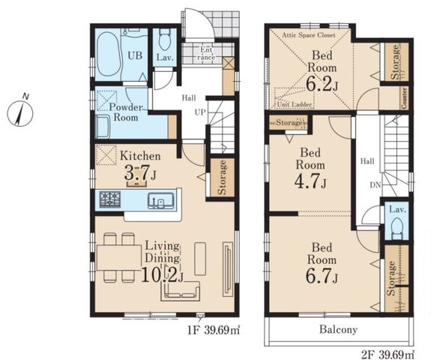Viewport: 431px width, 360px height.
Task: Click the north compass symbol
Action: click(x=20, y=112)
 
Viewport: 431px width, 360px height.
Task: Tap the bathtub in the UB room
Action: click(x=108, y=54)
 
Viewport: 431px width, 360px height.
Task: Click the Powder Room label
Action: click(x=126, y=112)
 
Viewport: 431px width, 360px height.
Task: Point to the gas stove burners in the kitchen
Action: click(x=110, y=199)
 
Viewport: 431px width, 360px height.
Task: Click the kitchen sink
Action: click(x=161, y=200)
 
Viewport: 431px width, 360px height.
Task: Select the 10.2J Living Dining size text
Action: click(x=162, y=274)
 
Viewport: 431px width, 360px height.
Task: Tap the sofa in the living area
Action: click(x=181, y=291)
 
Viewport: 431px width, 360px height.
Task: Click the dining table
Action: click(x=119, y=258)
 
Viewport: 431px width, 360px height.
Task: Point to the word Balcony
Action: click(x=338, y=329)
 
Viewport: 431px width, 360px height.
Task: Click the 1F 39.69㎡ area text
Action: click(x=214, y=330)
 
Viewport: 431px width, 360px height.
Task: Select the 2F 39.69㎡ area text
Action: click(x=388, y=354)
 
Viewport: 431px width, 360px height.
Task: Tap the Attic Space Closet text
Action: click(x=309, y=35)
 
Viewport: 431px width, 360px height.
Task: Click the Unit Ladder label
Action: click(x=294, y=104)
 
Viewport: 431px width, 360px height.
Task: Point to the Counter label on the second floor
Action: click(x=404, y=97)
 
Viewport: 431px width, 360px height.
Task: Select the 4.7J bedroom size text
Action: click(x=310, y=181)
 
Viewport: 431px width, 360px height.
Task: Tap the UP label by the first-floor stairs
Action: click(x=200, y=112)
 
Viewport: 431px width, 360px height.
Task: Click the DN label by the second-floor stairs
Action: click(x=376, y=185)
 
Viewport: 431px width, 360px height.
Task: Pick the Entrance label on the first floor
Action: click(x=206, y=53)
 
